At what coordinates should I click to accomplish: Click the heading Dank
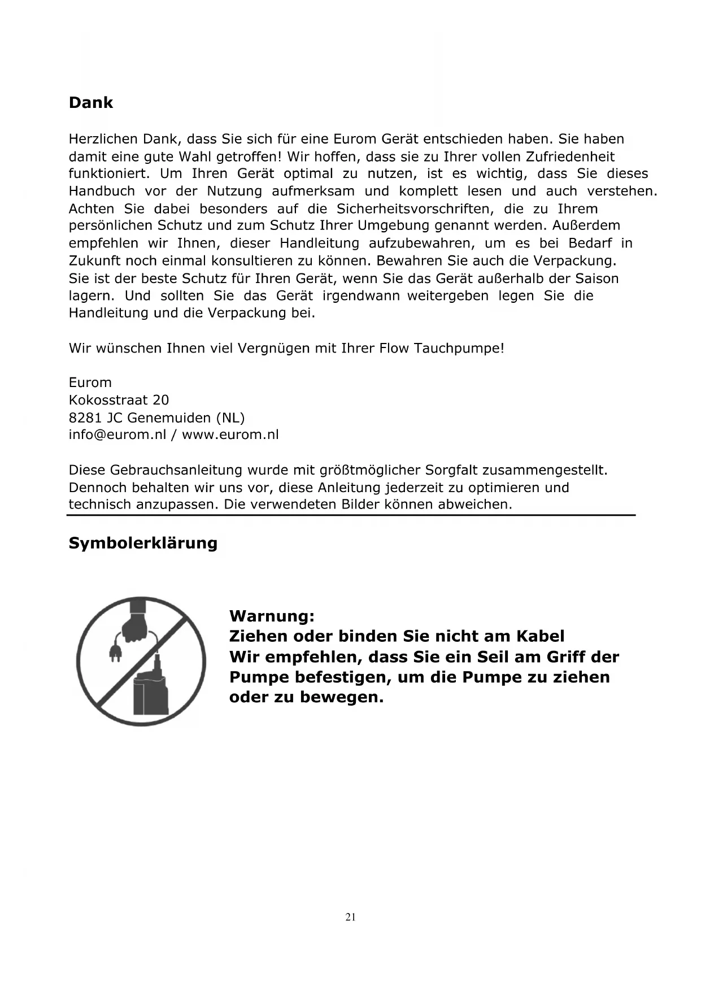[90, 103]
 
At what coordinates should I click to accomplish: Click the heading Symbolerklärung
[143, 543]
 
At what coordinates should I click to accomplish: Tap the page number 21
[350, 917]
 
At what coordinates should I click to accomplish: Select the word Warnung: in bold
[272, 615]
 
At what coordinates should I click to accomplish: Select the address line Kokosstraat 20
[119, 400]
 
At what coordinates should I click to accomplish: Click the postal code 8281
[85, 418]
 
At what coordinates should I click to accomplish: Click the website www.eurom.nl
[230, 434]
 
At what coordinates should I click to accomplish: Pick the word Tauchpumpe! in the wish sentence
[459, 348]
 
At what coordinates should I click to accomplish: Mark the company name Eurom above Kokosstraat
[90, 383]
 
